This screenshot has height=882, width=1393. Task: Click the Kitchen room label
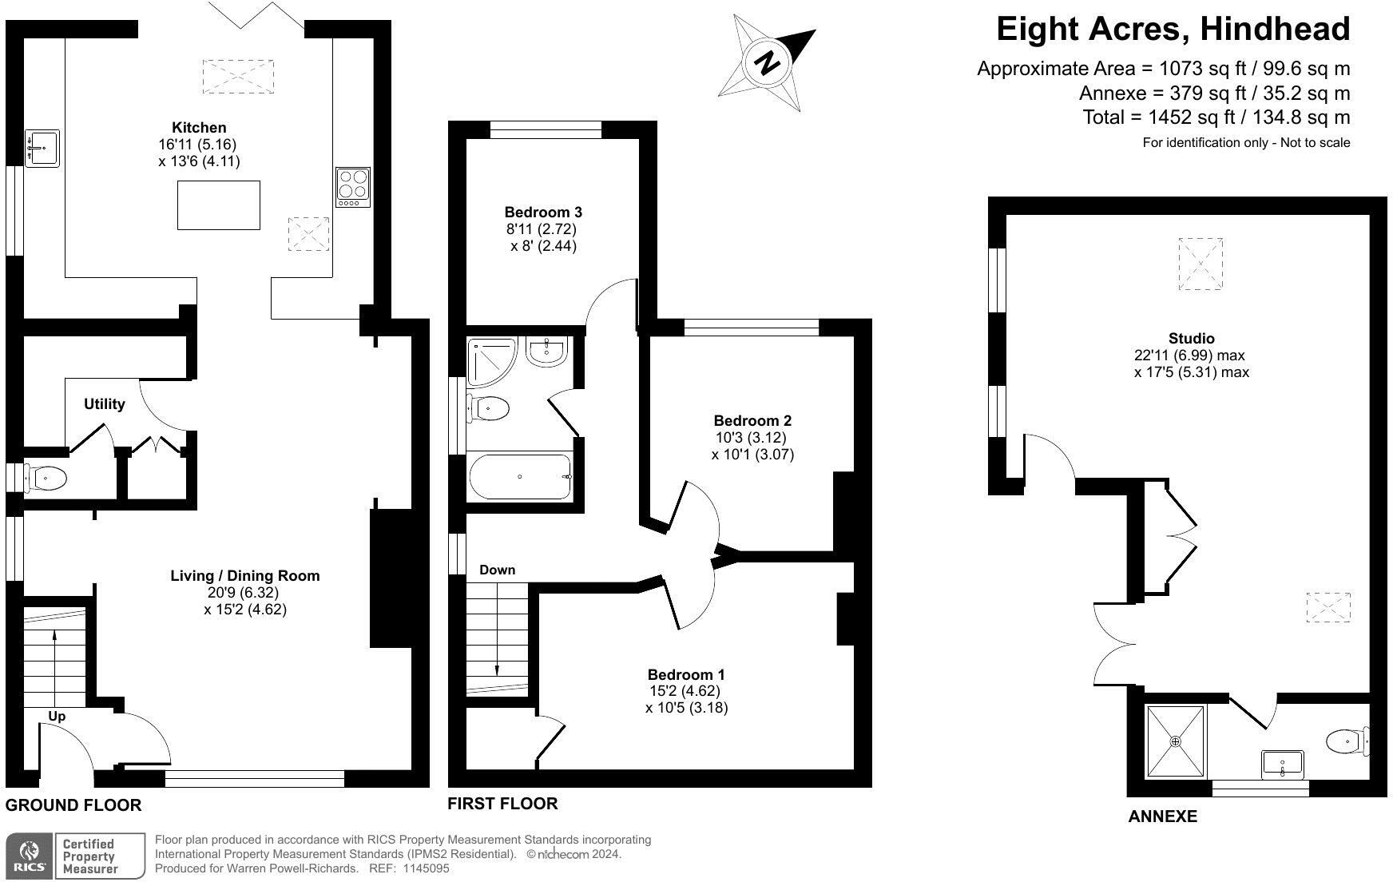[199, 128]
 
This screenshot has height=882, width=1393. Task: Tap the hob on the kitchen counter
[353, 187]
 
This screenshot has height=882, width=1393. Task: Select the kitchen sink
[42, 148]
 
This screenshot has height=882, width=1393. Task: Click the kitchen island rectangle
[219, 205]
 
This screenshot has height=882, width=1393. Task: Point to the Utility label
[105, 404]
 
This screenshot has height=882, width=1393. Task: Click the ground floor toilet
[46, 479]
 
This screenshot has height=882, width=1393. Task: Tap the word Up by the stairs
[57, 717]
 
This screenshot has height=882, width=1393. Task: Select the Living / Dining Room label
[245, 576]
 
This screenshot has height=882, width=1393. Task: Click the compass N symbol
[768, 62]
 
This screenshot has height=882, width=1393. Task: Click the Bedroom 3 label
[543, 213]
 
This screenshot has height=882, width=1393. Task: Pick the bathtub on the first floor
[520, 477]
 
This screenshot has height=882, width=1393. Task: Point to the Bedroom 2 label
[752, 421]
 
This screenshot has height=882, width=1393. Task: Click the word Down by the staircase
[497, 570]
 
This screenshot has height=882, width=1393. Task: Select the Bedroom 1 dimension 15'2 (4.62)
[685, 691]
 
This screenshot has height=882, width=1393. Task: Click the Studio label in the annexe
[1192, 339]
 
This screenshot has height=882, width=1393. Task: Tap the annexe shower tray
[1176, 741]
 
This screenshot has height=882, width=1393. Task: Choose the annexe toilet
[1346, 741]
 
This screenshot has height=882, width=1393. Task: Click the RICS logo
[29, 856]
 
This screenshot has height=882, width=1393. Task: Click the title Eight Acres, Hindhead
[1173, 30]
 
